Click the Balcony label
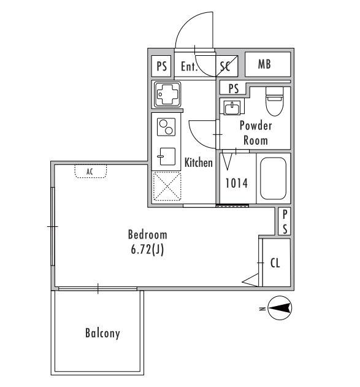(102, 333)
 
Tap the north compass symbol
(279, 308)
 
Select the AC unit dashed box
(91, 171)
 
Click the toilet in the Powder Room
(274, 101)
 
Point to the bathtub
(273, 178)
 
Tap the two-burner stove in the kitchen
(166, 127)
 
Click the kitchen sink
(166, 156)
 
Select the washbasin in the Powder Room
(232, 107)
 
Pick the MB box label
(264, 64)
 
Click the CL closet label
(275, 263)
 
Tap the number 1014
(236, 183)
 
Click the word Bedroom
(148, 235)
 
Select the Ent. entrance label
(190, 66)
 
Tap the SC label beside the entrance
(225, 66)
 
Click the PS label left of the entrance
(162, 66)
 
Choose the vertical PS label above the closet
(285, 221)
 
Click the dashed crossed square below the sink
(167, 186)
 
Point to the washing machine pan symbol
(167, 95)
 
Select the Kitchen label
(199, 163)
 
